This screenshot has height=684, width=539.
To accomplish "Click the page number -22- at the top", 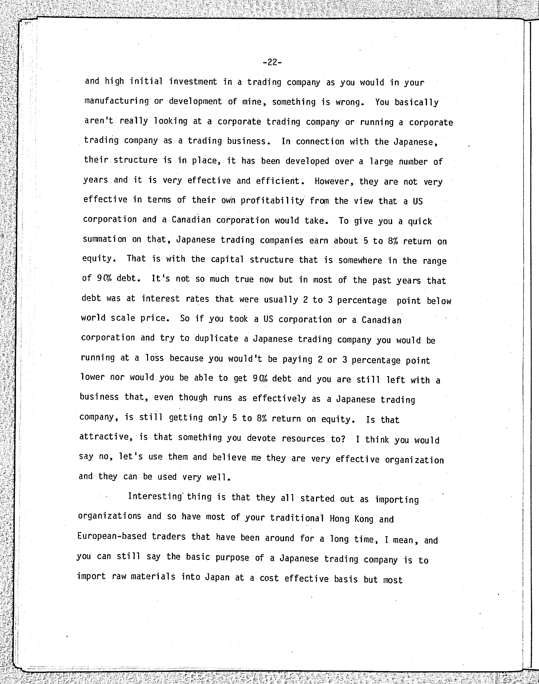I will pyautogui.click(x=272, y=62).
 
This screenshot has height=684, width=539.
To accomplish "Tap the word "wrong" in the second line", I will pyautogui.click(x=348, y=102).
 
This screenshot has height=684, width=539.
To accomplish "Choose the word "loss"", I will pyautogui.click(x=154, y=358).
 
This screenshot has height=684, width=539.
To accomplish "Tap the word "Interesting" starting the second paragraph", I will pyautogui.click(x=155, y=496).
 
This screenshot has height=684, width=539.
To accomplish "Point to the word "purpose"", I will pyautogui.click(x=232, y=557).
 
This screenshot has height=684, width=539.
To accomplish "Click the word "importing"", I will pyautogui.click(x=397, y=500).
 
